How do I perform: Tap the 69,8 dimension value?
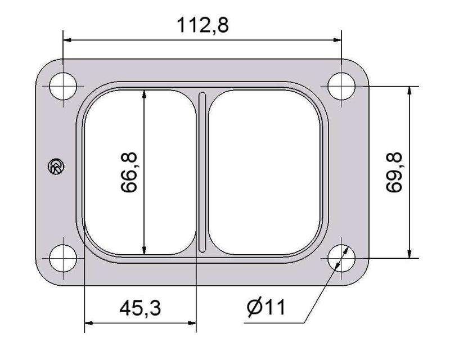click(x=395, y=172)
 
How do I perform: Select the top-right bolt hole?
click(x=342, y=86)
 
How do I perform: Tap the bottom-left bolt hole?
click(x=64, y=258)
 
